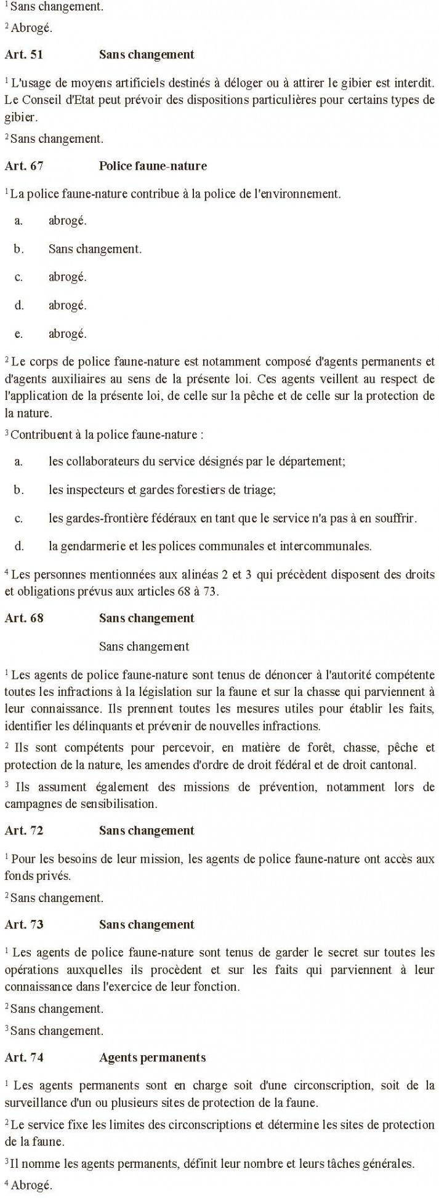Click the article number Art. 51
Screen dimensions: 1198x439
(x=24, y=55)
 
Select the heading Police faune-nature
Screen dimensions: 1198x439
(x=153, y=166)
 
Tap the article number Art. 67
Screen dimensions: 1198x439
(x=24, y=166)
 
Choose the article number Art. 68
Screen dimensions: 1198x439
(x=24, y=618)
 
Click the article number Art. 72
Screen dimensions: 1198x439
(x=24, y=831)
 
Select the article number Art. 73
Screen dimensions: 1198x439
(x=24, y=925)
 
